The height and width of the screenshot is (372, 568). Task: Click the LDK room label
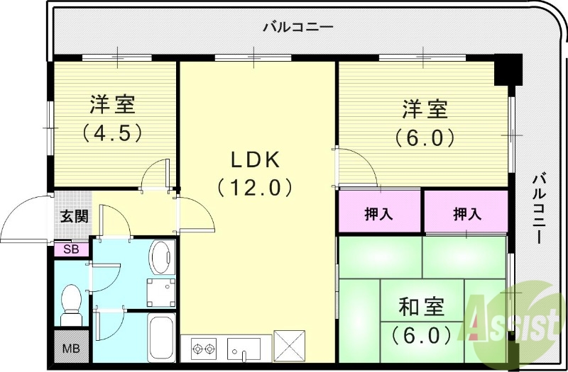tap(253, 159)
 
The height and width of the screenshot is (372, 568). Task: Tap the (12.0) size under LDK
tap(253, 188)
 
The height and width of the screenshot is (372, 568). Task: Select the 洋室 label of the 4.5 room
tap(112, 105)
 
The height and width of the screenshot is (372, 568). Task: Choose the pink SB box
tap(72, 249)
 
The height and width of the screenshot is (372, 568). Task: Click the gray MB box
tap(72, 349)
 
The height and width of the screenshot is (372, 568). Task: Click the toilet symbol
tap(71, 305)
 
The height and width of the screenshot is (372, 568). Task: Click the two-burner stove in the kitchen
tap(203, 349)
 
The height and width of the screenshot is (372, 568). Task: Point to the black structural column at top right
tap(508, 69)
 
